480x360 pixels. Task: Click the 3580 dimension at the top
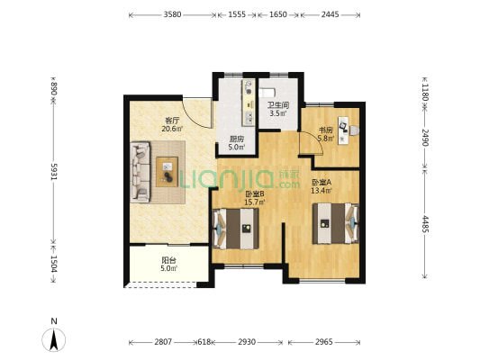coord(172,14)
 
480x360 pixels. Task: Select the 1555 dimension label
coord(237,14)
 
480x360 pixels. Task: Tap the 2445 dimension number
coord(330,14)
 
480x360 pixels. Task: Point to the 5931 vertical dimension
coord(54,172)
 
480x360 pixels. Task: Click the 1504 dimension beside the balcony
coord(54,264)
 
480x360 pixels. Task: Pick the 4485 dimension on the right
coord(426,224)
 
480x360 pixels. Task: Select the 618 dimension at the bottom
coord(204,342)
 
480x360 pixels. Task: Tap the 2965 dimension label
coord(324,342)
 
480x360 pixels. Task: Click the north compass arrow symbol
coord(54,339)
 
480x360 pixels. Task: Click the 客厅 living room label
coord(172,121)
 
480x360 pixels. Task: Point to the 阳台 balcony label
coord(169,261)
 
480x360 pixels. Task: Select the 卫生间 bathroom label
coord(278,105)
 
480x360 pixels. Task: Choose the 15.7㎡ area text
coord(254,202)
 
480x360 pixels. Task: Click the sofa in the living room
coord(140,172)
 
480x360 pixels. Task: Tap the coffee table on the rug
coord(168,172)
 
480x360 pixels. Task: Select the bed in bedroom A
coord(336,223)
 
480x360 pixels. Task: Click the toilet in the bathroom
coord(267,92)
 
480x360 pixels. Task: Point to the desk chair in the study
coord(354,130)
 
